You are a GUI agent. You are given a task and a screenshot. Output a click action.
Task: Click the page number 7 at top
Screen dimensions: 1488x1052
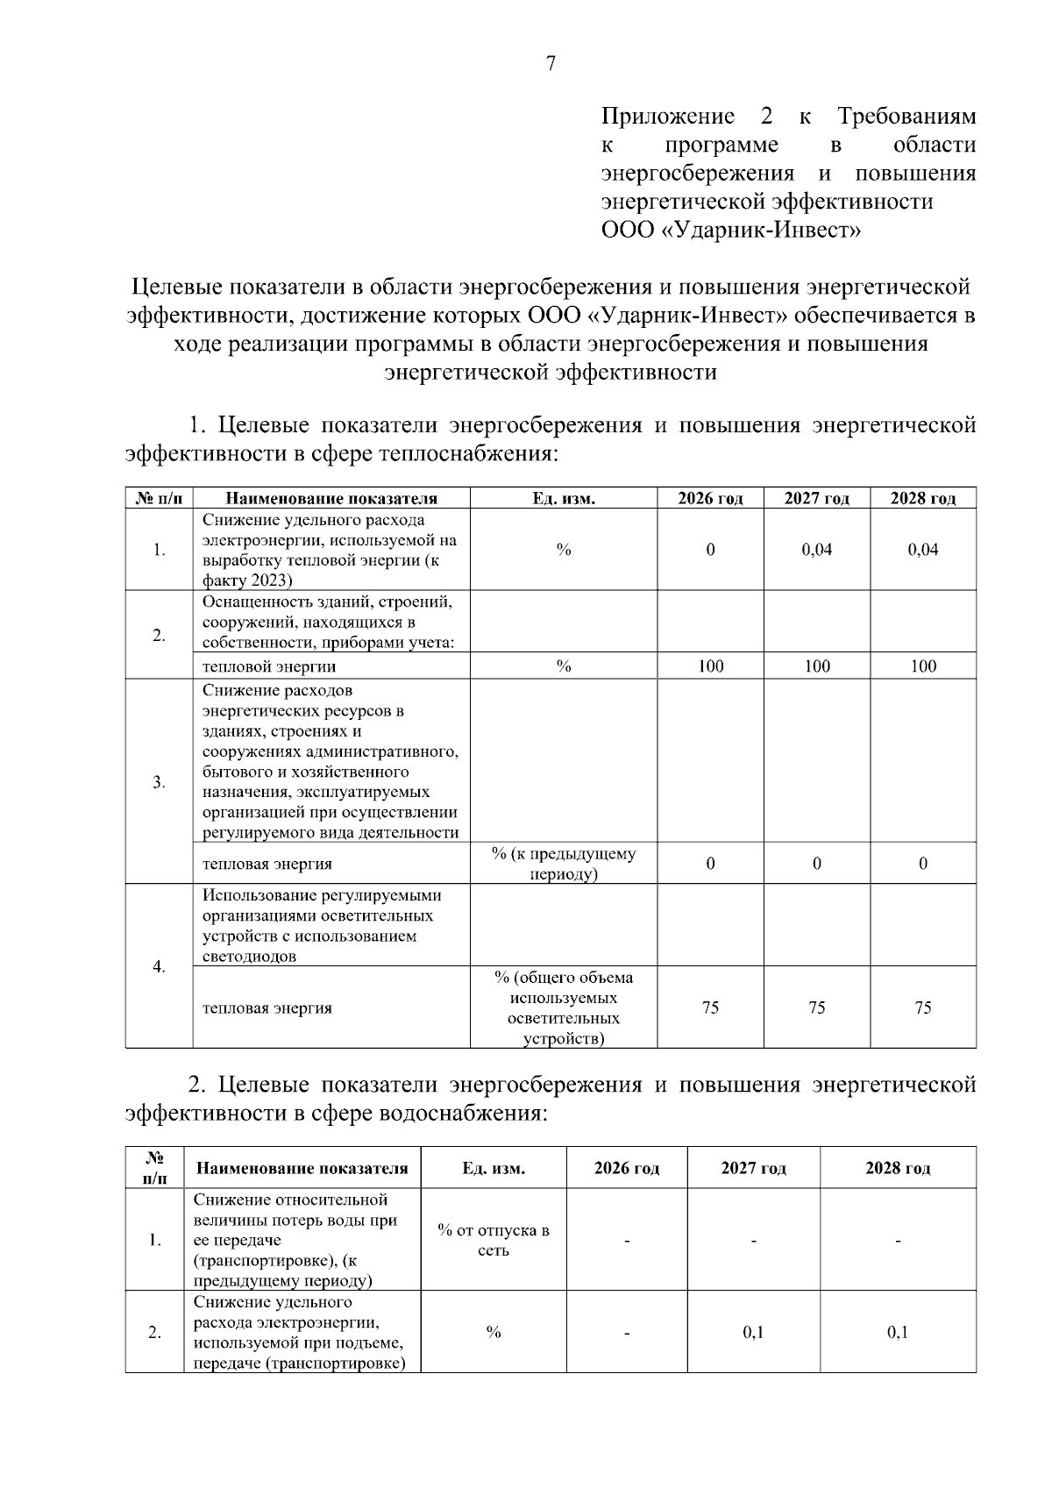point(551,63)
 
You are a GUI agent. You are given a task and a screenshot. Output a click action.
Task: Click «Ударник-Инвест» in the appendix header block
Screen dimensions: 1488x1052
point(759,231)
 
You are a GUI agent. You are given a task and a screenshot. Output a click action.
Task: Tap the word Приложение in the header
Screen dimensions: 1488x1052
point(667,117)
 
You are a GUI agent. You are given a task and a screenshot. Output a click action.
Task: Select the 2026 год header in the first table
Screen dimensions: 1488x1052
point(710,499)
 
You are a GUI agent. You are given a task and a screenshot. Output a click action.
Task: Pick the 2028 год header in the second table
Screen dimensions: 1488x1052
point(898,1168)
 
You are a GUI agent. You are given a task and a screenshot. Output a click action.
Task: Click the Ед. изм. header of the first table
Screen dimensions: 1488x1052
point(564,499)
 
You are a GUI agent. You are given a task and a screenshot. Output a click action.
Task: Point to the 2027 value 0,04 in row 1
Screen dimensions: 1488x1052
point(817,550)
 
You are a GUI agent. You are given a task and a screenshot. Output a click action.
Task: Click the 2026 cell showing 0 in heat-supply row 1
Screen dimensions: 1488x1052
point(710,550)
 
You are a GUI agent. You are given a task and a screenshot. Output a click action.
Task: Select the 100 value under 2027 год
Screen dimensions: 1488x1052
point(817,666)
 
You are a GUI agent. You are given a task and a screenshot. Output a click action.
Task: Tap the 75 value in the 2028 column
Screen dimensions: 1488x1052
point(923,1007)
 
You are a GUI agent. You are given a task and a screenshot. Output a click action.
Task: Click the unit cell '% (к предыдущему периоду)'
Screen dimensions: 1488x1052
point(564,864)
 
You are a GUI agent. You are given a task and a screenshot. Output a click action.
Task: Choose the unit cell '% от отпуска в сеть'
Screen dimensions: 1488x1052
point(494,1240)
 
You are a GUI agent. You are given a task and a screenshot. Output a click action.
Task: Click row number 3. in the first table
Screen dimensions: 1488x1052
point(159,782)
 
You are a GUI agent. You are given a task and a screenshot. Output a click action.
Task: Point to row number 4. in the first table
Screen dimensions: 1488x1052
point(159,966)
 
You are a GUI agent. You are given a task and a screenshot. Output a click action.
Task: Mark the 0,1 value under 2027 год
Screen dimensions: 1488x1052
point(753,1333)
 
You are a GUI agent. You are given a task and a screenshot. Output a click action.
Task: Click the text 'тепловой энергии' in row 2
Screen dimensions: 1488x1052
point(257,667)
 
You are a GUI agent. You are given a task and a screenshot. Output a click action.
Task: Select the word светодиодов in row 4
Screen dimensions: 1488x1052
point(249,957)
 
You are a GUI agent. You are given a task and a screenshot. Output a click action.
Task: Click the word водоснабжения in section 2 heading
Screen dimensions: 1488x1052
point(461,1114)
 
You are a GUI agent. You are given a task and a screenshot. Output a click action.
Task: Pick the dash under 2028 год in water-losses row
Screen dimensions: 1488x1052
point(898,1241)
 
